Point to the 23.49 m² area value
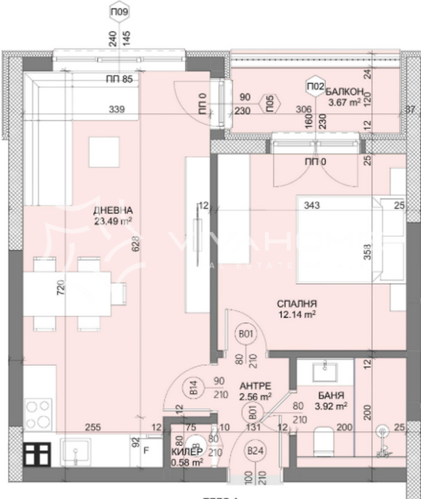pos(113,221)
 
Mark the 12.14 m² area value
pos(298,314)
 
